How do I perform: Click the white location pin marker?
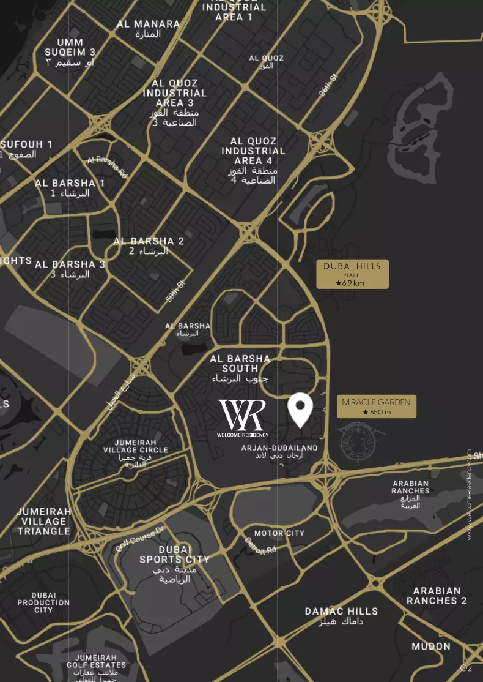tap(300, 410)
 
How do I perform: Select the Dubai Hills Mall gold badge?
tap(352, 274)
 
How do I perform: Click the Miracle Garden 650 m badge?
tap(376, 407)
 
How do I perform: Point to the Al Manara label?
tap(149, 29)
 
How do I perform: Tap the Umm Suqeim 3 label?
tap(70, 53)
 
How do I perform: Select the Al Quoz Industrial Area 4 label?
tap(253, 161)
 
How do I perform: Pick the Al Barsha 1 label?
tap(70, 187)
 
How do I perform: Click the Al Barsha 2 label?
tap(149, 246)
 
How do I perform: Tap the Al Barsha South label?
tap(240, 369)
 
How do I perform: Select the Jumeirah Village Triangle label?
tap(43, 521)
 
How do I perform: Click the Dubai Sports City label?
tap(174, 563)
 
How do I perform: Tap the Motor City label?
tap(279, 533)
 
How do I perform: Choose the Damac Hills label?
tap(341, 616)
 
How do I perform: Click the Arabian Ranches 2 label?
tap(437, 596)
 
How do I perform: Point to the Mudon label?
tap(430, 646)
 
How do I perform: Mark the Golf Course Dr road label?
tap(140, 539)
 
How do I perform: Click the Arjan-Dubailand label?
tap(279, 452)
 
